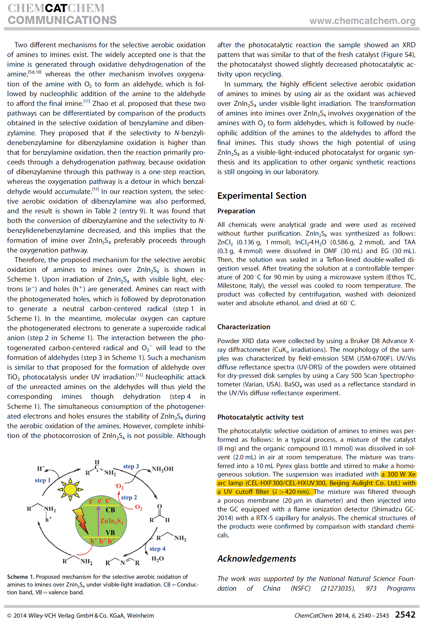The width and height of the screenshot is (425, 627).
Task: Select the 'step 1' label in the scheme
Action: [x=43, y=480]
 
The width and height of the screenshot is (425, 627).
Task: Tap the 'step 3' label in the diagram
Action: [x=131, y=466]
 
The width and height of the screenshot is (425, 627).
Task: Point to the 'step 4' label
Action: [x=157, y=549]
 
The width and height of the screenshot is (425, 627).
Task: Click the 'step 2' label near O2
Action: [x=129, y=497]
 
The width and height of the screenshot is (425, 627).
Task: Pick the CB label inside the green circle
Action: [x=110, y=510]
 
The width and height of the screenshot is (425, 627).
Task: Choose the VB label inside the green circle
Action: [x=110, y=532]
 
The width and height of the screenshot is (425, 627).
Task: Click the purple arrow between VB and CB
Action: [x=98, y=521]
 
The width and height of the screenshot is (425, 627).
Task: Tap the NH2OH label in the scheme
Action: [x=162, y=469]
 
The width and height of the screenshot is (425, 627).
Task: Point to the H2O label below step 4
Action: [x=158, y=559]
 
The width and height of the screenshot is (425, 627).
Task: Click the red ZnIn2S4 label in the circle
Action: [x=111, y=521]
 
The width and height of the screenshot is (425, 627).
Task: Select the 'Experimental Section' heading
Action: [x=262, y=196]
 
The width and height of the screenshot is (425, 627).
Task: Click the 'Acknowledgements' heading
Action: [x=256, y=559]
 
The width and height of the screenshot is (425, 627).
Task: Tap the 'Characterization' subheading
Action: [x=244, y=327]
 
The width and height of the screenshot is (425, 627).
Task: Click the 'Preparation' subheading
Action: [x=236, y=211]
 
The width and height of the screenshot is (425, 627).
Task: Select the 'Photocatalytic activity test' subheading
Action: [x=260, y=417]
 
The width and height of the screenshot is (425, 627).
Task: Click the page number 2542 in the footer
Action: [x=405, y=615]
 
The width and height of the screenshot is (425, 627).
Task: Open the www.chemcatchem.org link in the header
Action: [x=362, y=21]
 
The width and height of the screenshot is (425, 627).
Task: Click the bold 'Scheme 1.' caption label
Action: [x=21, y=577]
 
